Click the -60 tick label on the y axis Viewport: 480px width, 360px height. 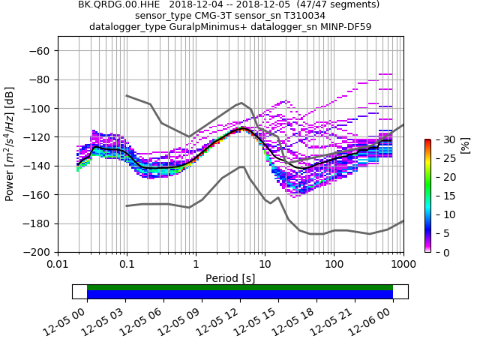click(40, 51)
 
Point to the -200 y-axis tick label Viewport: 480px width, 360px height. click(37, 252)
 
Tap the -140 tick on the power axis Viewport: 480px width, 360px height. click(37, 166)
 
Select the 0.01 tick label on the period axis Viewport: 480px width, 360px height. click(58, 264)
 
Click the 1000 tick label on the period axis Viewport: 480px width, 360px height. click(403, 264)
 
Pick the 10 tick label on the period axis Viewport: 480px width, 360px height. click(265, 264)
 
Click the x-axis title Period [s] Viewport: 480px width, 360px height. click(230, 277)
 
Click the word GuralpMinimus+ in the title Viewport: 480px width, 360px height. click(211, 27)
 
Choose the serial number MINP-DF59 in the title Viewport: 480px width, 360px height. click(346, 27)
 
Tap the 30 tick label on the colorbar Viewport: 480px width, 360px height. click(441, 139)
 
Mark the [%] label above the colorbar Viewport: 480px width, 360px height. click(465, 145)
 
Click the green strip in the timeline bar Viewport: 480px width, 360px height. click(240, 287)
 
